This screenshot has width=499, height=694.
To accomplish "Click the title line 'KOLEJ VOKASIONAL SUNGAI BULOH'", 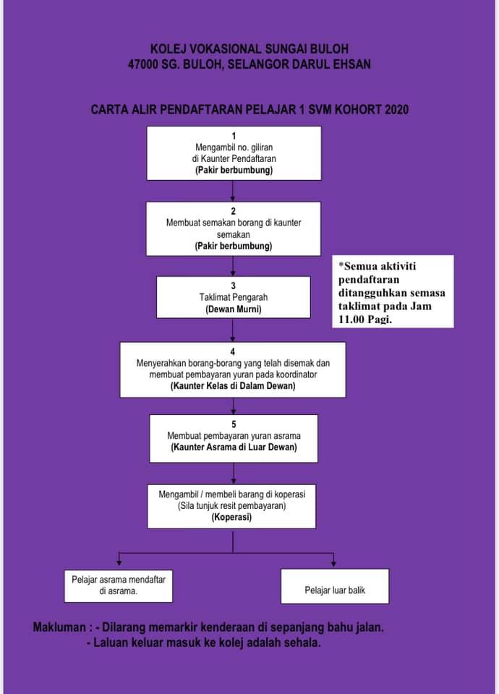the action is pos(249,48).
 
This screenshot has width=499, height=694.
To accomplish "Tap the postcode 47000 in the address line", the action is pos(142,64).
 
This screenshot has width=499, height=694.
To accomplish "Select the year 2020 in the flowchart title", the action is pos(396,109).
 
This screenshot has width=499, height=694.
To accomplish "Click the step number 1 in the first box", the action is pos(234,136).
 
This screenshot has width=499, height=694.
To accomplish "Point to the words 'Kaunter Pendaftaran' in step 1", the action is pos(238,158).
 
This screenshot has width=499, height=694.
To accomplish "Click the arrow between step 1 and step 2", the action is pos(233,191).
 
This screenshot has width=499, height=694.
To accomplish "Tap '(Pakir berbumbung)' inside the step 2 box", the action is pos(234,246).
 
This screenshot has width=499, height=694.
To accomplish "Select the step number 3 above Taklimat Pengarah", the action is pos(234,286).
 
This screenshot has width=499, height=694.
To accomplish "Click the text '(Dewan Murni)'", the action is pos(234,309).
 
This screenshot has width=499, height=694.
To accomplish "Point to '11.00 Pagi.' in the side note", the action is pos(365,319).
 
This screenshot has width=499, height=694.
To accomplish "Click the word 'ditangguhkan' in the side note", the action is pos(370,293).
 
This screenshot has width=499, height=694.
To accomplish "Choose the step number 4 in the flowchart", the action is pos(232,352).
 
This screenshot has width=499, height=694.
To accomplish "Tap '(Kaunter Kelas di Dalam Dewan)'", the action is pos(233,386).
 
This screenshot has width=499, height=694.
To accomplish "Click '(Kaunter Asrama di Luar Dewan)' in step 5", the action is pos(234,447).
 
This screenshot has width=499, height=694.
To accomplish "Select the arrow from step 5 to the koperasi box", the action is pos(234,474).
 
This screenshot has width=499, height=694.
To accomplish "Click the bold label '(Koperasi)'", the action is pos(231,517).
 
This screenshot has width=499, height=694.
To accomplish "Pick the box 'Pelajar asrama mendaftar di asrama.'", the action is pos(118,586).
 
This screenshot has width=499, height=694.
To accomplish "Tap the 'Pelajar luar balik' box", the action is pos(335,586).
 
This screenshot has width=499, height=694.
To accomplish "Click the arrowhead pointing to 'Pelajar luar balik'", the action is pos(333,563).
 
